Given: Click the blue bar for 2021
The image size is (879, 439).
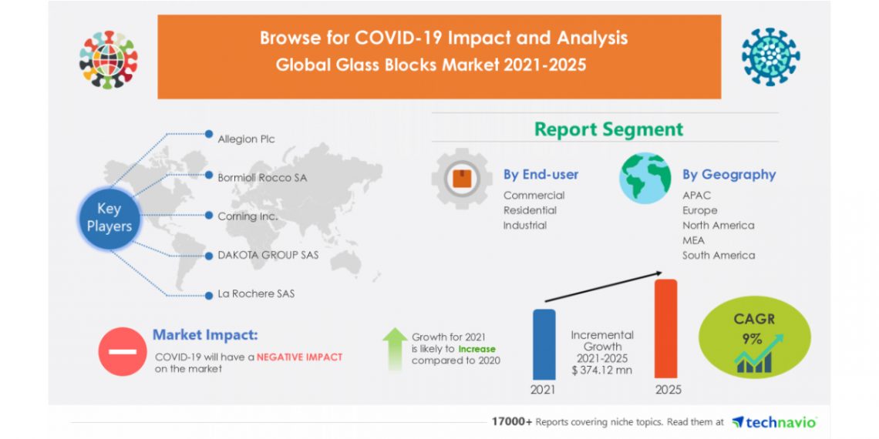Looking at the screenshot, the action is [544, 344].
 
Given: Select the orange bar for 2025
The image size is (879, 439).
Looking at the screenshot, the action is [666, 329].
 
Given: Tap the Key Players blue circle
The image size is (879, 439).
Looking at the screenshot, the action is [109, 218].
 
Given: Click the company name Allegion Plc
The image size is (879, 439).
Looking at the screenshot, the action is [246, 139].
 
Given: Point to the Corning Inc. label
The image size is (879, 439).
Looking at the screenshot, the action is [248, 216].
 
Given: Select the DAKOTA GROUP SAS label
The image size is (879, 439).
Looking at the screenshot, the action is [268, 256].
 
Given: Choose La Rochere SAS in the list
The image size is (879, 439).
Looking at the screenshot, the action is [256, 293].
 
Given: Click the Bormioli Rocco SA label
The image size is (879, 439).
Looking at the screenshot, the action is [262, 177].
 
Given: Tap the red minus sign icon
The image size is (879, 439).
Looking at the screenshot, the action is [122, 352].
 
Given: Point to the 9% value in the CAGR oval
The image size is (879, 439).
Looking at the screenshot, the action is [753, 340].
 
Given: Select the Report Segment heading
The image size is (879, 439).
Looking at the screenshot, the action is [609, 129].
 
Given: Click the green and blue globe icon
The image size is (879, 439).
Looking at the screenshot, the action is [645, 178].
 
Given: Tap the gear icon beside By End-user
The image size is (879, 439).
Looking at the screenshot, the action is [462, 179].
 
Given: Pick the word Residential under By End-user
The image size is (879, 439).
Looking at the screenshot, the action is [530, 210].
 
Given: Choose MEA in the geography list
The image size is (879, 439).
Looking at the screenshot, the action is [693, 240].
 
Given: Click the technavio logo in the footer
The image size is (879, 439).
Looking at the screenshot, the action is [774, 421].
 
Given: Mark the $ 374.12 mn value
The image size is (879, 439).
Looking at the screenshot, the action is [602, 370].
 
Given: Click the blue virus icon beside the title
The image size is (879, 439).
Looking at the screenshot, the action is [771, 57].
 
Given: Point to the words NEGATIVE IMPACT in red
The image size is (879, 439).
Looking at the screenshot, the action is [299, 357].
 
